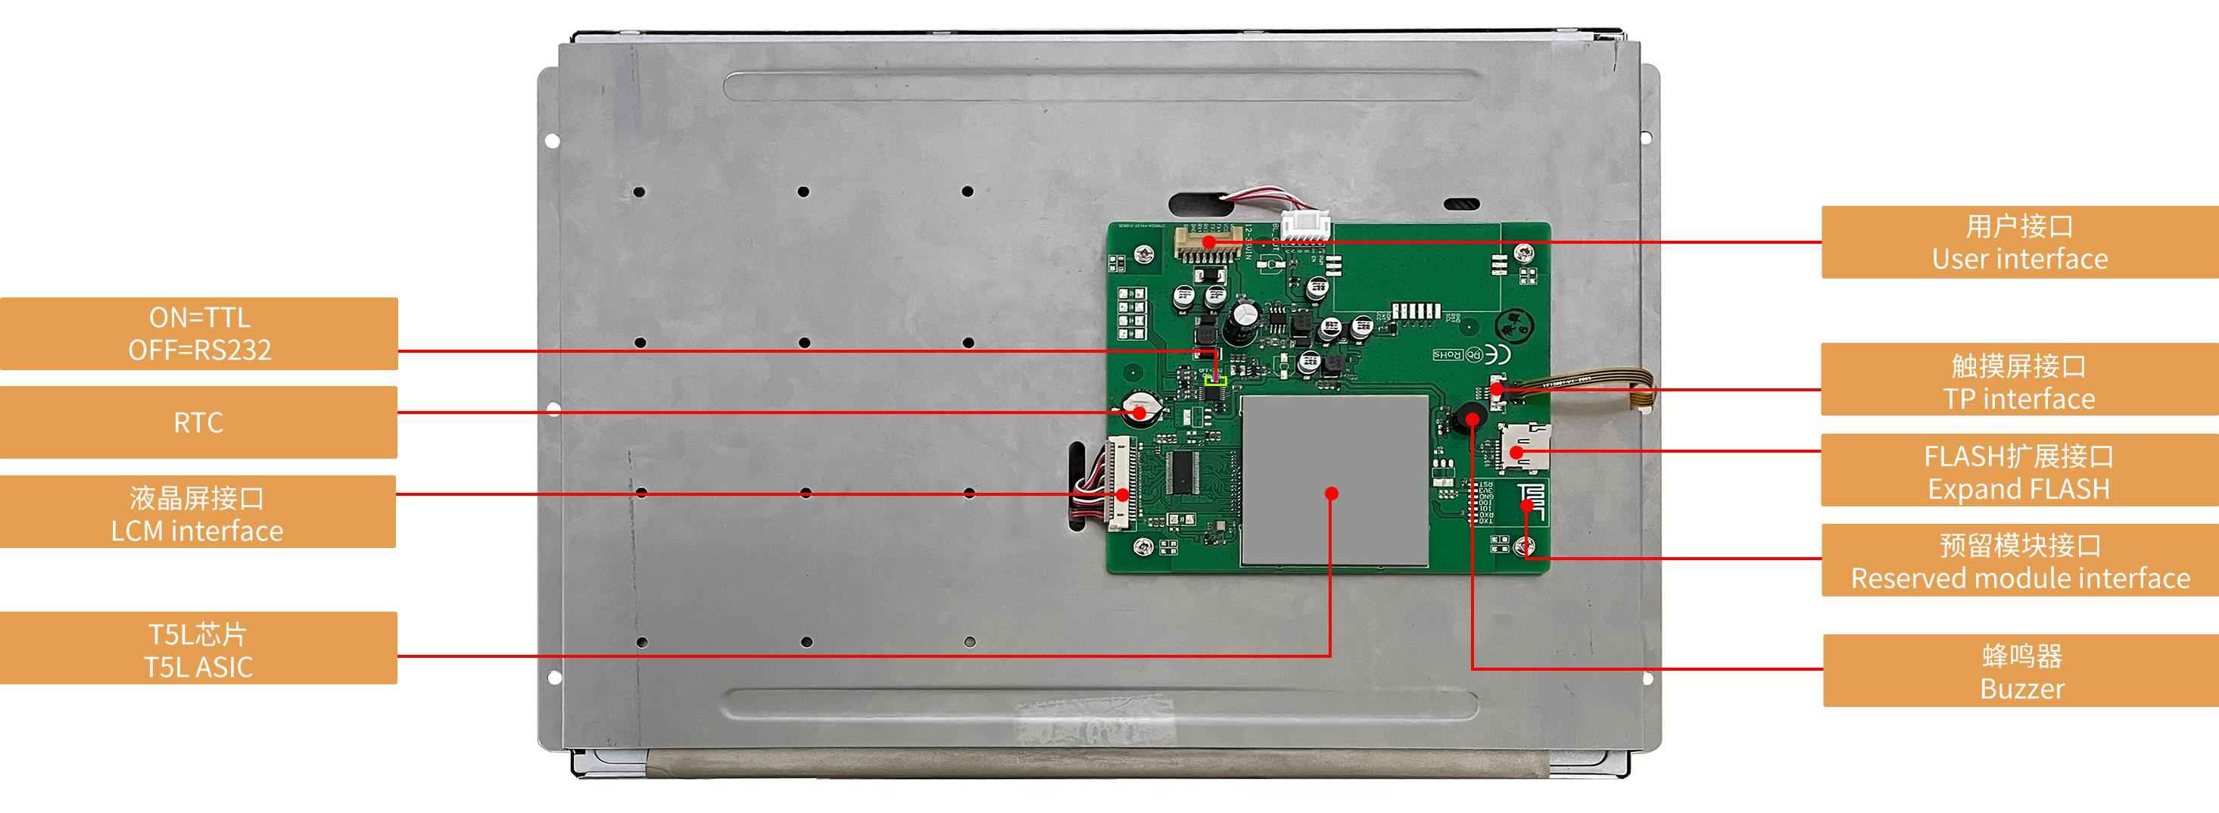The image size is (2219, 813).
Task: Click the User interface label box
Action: click(x=2019, y=242)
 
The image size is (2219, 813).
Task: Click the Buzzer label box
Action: click(x=2020, y=671)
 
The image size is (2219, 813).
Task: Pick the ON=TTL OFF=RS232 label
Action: click(x=199, y=333)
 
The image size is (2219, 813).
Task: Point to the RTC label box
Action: click(x=198, y=422)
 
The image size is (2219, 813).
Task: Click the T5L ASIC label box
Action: click(x=198, y=649)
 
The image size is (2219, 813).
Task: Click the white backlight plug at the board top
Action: click(x=1305, y=226)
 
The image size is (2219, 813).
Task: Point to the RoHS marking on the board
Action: click(x=1450, y=354)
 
